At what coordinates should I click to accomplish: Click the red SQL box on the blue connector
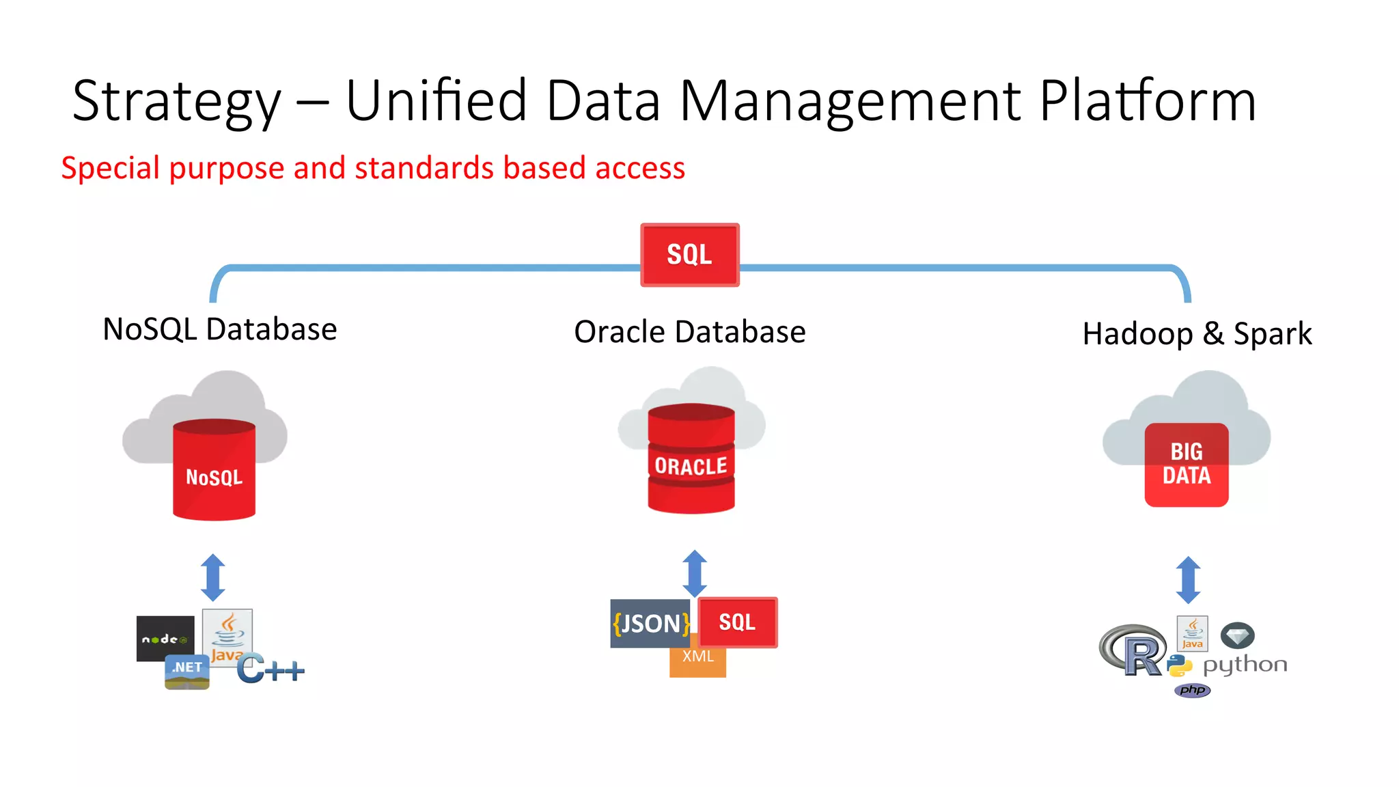coord(689,255)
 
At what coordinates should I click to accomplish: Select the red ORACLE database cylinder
coord(691,459)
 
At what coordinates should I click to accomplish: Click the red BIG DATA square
coord(1186,465)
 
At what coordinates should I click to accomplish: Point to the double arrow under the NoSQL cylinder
coord(213,577)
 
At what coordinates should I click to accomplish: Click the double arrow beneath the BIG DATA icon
coord(1188,580)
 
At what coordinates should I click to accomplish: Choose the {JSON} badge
coord(651,623)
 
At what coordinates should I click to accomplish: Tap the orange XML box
coord(697,661)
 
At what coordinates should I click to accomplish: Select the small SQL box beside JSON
coord(737,622)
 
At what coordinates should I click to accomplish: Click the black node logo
coord(165,639)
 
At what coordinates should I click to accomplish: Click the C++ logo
coord(271,669)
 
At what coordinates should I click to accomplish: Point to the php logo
coord(1192,690)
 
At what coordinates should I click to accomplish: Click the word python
coord(1245,665)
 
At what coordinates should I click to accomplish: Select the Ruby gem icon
coord(1237,636)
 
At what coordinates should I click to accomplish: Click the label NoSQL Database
coord(219,329)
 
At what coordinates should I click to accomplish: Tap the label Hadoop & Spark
coord(1197,334)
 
